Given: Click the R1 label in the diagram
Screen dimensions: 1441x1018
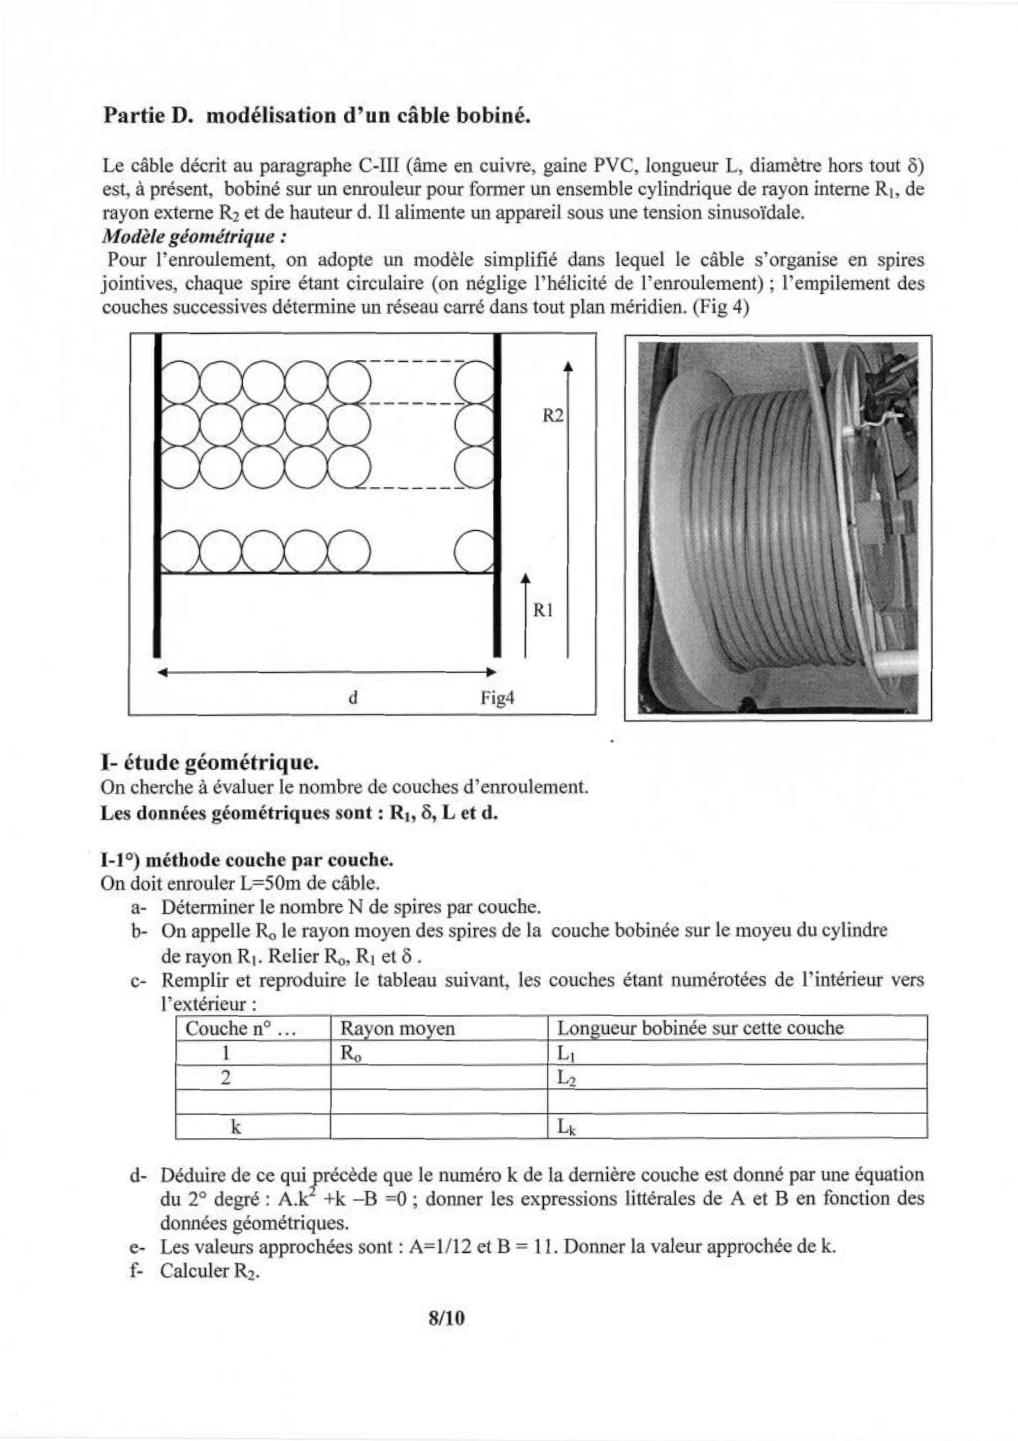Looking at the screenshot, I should (x=543, y=610).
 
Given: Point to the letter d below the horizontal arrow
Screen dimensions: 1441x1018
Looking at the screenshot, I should (x=353, y=698).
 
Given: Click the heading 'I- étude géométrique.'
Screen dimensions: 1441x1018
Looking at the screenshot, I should (x=209, y=762).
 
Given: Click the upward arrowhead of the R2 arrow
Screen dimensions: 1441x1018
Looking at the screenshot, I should (x=568, y=366).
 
